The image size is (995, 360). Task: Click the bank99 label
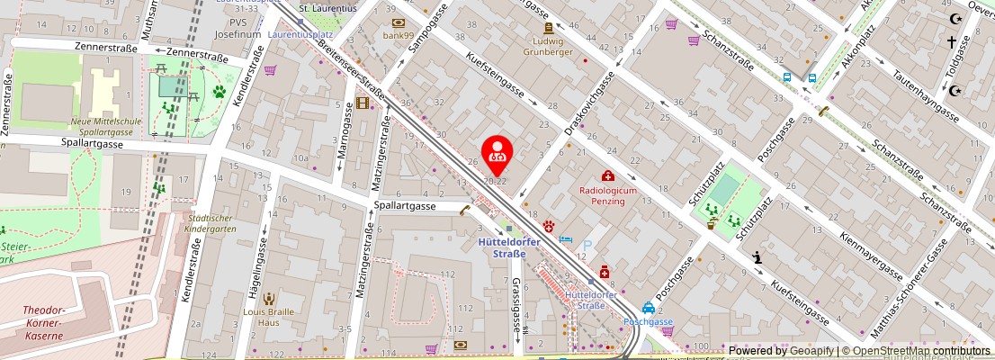[x=397, y=35]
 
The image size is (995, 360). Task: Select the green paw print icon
[x=218, y=91]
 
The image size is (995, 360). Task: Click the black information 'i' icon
[x=757, y=257]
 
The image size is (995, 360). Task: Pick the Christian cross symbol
[x=951, y=41]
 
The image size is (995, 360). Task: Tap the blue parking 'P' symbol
[x=587, y=245]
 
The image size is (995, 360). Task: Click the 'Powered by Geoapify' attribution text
[x=781, y=351]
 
